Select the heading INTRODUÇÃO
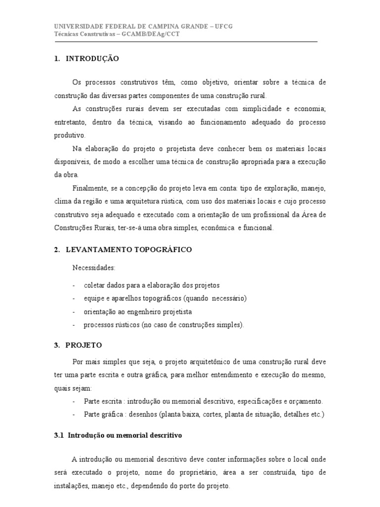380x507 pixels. coord(93,58)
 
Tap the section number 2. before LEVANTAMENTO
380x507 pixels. coord(57,250)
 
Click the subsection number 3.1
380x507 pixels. coord(59,436)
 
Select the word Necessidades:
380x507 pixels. coord(94,268)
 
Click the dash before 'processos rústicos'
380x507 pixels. coord(74,325)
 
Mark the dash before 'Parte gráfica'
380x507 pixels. coord(74,414)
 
